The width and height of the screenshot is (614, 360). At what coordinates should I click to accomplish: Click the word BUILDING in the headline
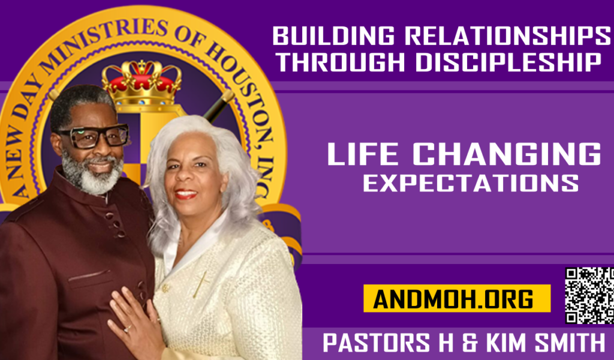click(333, 35)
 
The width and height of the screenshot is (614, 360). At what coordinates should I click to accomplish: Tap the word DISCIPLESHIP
click(508, 62)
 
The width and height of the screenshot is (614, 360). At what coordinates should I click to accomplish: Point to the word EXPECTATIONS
click(471, 183)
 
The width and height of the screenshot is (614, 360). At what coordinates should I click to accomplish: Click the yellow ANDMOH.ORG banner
click(457, 298)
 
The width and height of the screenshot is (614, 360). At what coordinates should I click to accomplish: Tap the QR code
click(589, 295)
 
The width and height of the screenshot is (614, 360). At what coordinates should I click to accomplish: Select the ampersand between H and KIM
click(469, 343)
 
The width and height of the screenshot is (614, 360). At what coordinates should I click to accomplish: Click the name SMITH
click(570, 343)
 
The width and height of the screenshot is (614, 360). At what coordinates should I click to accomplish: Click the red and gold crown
click(142, 82)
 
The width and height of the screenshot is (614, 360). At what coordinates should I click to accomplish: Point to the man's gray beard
click(92, 175)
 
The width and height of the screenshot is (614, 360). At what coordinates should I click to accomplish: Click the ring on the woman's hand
click(128, 329)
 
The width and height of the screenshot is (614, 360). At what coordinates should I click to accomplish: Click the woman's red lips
click(186, 194)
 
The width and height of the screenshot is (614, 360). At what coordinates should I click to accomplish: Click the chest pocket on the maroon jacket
click(89, 276)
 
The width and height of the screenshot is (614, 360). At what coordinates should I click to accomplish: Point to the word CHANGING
click(507, 154)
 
